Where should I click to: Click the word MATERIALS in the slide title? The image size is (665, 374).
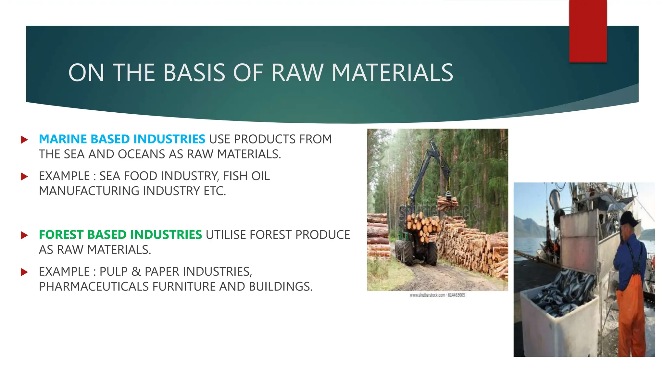point(392,73)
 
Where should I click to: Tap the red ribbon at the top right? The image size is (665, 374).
point(588,31)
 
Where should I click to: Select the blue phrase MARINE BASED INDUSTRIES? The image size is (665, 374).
point(122,139)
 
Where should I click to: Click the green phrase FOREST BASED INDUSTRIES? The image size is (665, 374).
point(120,235)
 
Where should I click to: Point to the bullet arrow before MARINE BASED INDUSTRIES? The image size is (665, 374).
point(24,140)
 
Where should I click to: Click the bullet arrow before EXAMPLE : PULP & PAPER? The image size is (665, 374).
point(24,272)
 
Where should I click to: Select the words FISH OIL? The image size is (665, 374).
point(246,176)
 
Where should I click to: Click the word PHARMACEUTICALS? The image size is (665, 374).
point(94,287)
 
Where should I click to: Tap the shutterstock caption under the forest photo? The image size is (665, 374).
point(437,295)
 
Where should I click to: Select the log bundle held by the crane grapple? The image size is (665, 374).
point(447,203)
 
